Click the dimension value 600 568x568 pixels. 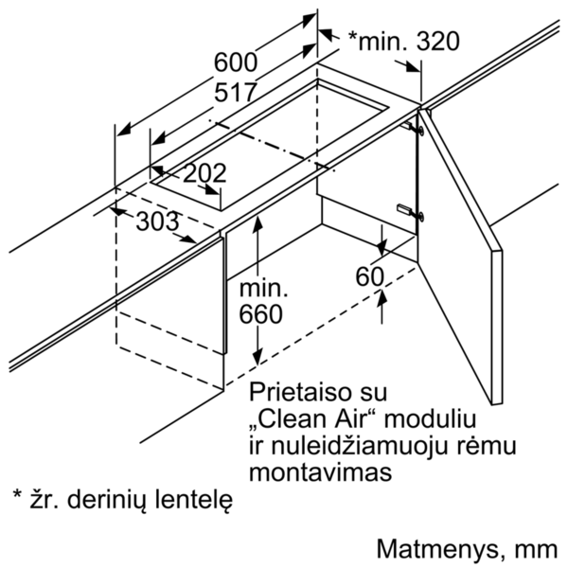[x=236, y=62]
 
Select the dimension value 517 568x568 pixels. [x=236, y=93]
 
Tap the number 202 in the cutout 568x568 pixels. [x=204, y=173]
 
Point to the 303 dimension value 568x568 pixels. [x=157, y=222]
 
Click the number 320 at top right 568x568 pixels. [x=437, y=41]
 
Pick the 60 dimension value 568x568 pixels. [x=369, y=277]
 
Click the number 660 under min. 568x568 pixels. [x=260, y=314]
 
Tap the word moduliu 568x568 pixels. [x=430, y=419]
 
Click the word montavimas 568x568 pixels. [x=321, y=472]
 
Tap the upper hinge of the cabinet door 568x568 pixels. [x=412, y=128]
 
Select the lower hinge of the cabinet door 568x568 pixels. [x=412, y=212]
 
